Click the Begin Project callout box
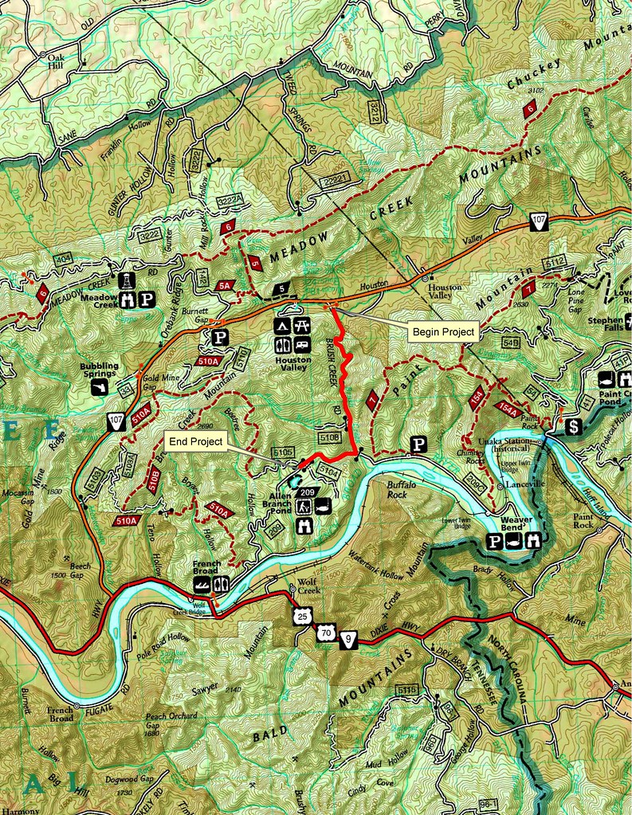[442, 331]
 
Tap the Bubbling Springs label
[99, 370]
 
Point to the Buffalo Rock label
[402, 488]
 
